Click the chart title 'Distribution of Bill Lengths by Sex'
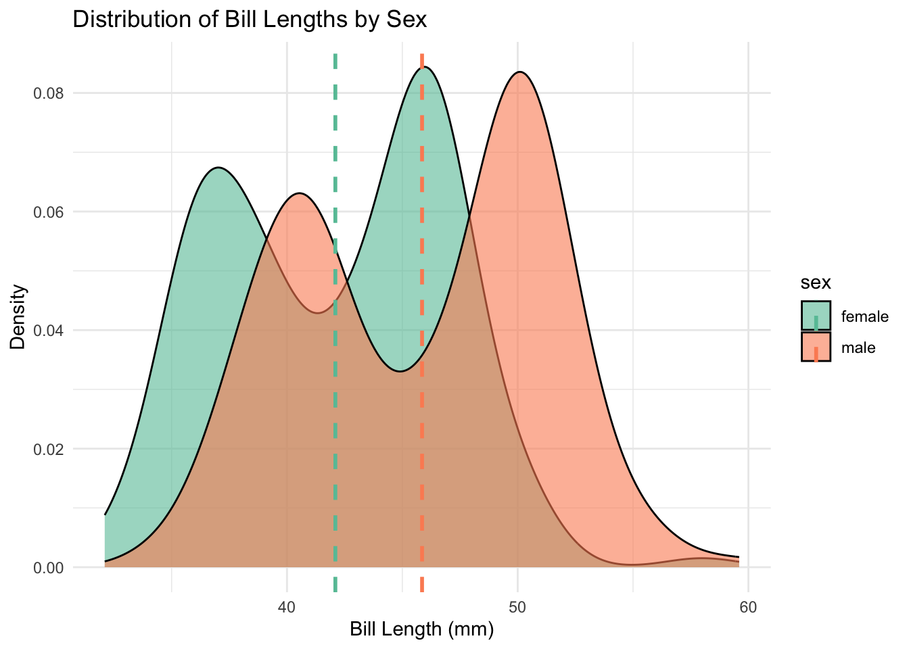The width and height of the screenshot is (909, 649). coord(250,19)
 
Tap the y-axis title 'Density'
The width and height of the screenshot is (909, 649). coord(18,316)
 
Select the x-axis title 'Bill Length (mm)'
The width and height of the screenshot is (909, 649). coord(421,629)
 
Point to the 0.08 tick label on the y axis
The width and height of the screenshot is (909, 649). coord(48,93)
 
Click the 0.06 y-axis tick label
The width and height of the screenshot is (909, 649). coord(48,212)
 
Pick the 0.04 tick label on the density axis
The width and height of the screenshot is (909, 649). coord(48,331)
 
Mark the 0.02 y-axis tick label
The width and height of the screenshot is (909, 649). coord(48,449)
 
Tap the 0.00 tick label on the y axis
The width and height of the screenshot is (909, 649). coord(48,568)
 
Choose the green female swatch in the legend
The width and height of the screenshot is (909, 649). coord(816,316)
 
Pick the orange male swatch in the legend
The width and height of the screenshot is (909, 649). coord(816,347)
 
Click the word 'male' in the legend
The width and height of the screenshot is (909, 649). coord(858,348)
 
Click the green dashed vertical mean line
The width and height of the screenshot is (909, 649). coord(335,406)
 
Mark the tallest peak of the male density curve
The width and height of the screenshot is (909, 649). coord(519,72)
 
